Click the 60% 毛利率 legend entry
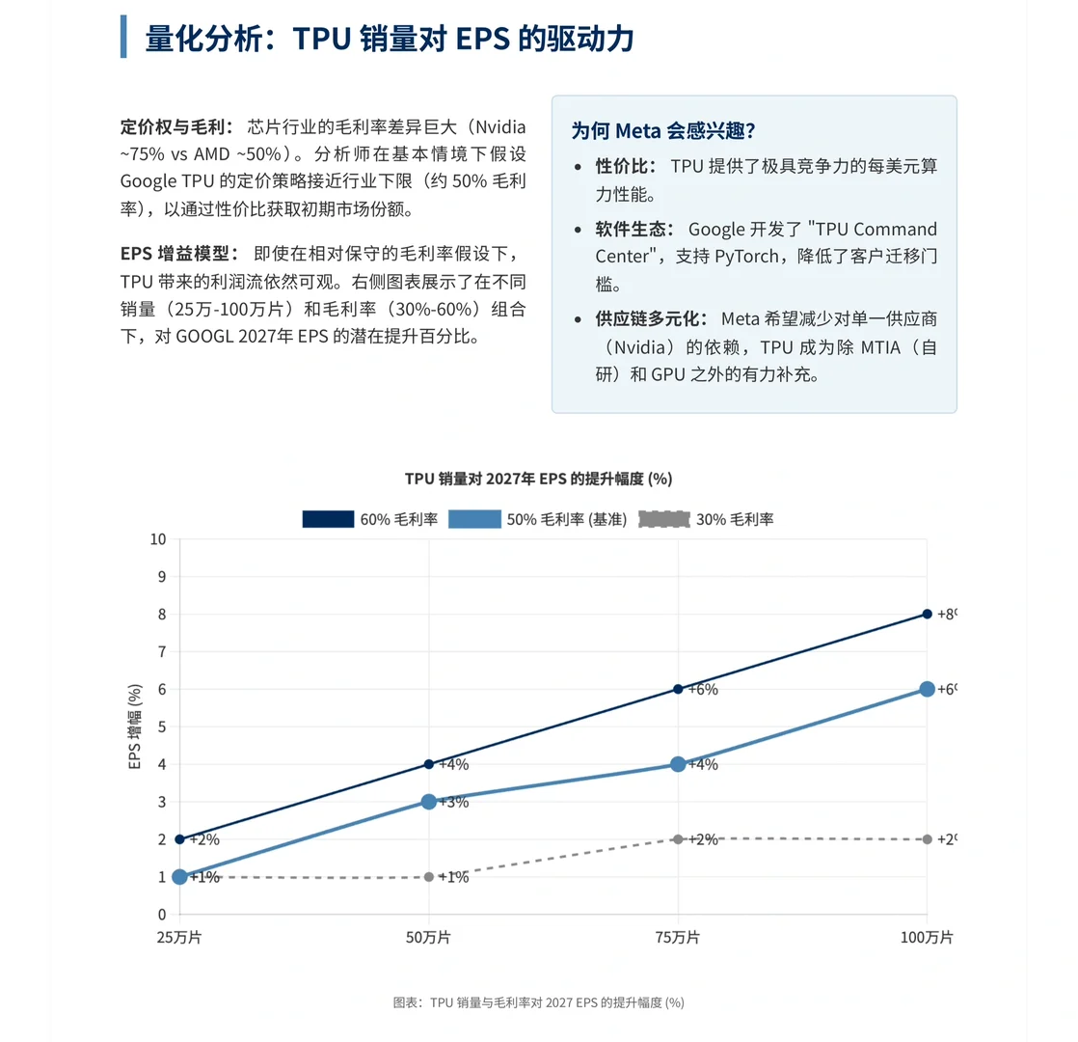(x=370, y=519)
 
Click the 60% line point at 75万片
(x=678, y=689)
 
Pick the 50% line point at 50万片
(x=429, y=802)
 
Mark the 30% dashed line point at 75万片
(x=678, y=839)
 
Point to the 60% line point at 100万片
(x=928, y=614)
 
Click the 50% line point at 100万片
(x=928, y=689)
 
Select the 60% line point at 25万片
(x=179, y=839)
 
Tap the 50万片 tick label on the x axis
(x=429, y=937)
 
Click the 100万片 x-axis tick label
(x=927, y=937)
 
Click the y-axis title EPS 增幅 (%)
(x=136, y=727)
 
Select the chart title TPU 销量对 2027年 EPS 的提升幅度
(x=538, y=479)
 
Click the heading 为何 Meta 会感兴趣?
(x=662, y=130)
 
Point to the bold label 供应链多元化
(x=651, y=319)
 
